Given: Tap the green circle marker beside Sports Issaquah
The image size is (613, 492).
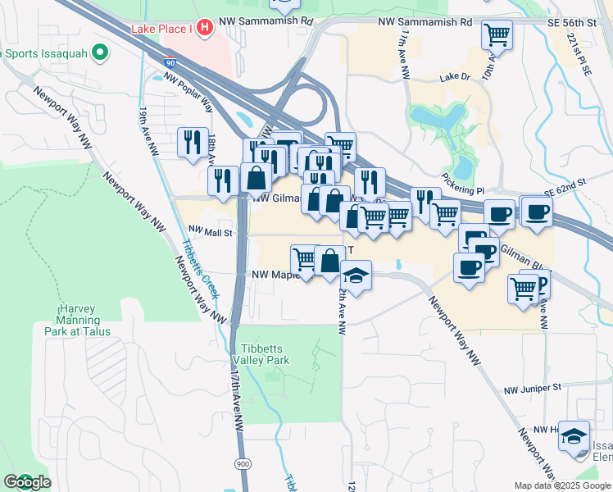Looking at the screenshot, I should click(100, 54).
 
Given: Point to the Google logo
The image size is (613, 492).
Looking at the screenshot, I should click(26, 483).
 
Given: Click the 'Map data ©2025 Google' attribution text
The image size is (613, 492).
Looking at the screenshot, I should click(562, 485).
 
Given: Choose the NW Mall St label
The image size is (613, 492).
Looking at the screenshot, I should click(211, 232).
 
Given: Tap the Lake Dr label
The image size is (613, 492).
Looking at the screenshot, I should click(453, 78).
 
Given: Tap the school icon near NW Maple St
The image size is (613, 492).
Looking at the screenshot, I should click(356, 276).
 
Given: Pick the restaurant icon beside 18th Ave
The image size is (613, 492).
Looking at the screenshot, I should click(193, 142).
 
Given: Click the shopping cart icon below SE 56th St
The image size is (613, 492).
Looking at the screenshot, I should click(497, 35).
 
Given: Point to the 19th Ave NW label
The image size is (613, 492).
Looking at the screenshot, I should click(148, 132).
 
